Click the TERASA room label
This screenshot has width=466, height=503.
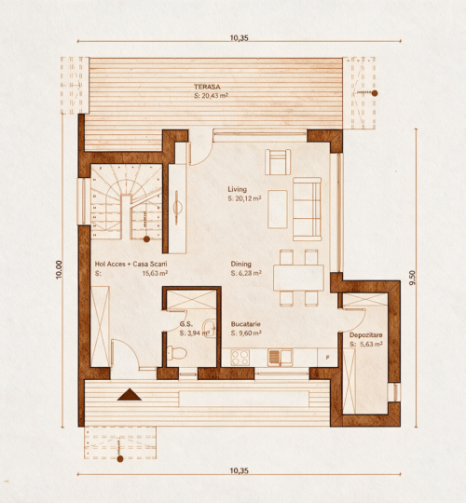pos(207,87)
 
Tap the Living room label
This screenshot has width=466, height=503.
pos(237,189)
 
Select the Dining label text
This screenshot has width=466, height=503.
pos(240,264)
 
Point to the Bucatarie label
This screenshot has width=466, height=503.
pos(245,324)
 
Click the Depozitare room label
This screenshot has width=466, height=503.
pos(366,335)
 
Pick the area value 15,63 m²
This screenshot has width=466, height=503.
pos(155,273)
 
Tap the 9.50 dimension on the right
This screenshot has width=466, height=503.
pos(412,278)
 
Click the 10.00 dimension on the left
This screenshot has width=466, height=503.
pos(59,269)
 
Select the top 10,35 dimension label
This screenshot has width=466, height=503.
pos(240,38)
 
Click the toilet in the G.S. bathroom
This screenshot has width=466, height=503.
pos(176,353)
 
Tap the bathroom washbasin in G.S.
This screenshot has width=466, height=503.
pos(210,328)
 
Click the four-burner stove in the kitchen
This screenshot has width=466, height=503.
pos(240,358)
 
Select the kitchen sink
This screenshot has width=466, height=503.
pos(281,358)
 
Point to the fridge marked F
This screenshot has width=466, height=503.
pos(327,358)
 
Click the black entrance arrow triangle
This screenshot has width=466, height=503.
pos(130,395)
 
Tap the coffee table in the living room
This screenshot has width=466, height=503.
pos(278,210)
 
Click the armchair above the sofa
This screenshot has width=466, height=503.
pos(278,162)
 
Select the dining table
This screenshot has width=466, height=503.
pos(298,278)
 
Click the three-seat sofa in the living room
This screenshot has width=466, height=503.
pos(308,210)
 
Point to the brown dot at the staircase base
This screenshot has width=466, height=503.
pos(146,239)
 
